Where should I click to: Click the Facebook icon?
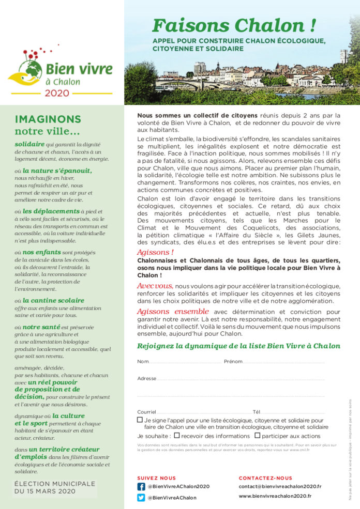[141, 486]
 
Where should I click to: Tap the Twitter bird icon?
[141, 498]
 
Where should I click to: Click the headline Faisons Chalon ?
[234, 25]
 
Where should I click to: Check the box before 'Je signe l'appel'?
[140, 420]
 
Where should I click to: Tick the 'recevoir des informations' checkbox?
[177, 435]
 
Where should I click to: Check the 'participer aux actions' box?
[257, 435]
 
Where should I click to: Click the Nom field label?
[143, 361]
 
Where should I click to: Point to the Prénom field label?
[233, 361]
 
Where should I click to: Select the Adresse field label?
[146, 378]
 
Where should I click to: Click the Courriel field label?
[146, 412]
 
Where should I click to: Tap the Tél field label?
[257, 412]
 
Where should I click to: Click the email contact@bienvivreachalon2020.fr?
[280, 486]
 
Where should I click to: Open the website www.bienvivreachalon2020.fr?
[275, 496]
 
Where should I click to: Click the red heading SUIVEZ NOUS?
[156, 478]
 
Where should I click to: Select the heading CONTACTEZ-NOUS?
[265, 478]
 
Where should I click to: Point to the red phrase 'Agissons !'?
[155, 252]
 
